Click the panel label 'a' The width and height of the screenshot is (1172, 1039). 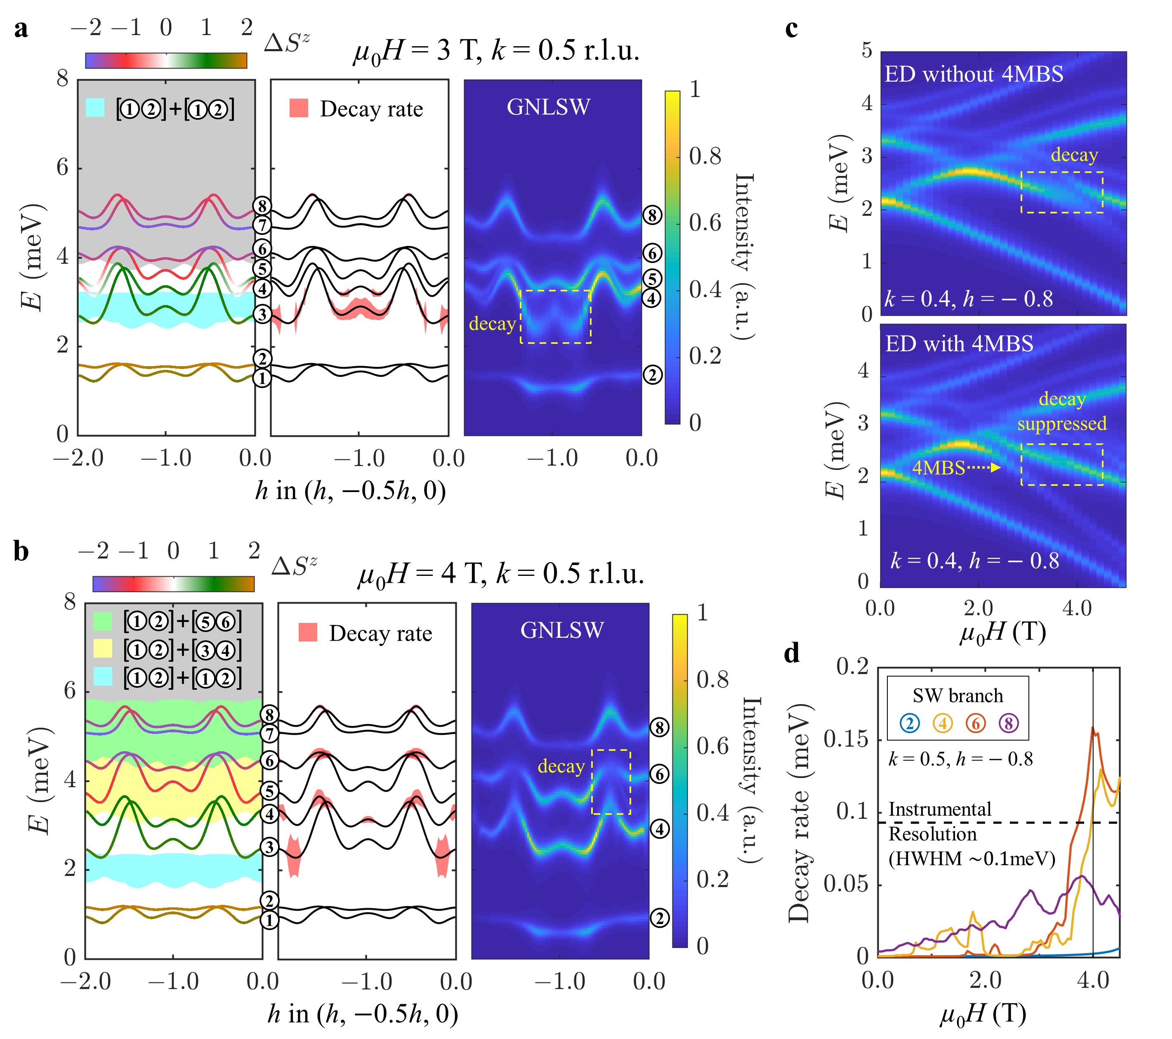point(21,28)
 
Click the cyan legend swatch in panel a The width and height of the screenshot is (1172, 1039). point(95,108)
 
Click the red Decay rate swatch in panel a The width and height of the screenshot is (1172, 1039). point(299,108)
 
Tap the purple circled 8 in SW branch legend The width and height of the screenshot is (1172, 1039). point(1009,724)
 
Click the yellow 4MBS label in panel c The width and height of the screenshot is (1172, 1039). point(939,468)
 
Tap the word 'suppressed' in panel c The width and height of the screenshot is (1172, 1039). point(1062,424)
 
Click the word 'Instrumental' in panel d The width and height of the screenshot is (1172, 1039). point(940,809)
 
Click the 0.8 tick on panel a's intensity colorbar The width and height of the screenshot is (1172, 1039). point(705,156)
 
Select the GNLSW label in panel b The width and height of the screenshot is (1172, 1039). point(562,630)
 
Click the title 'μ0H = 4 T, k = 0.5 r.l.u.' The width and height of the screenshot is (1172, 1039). point(500,574)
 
